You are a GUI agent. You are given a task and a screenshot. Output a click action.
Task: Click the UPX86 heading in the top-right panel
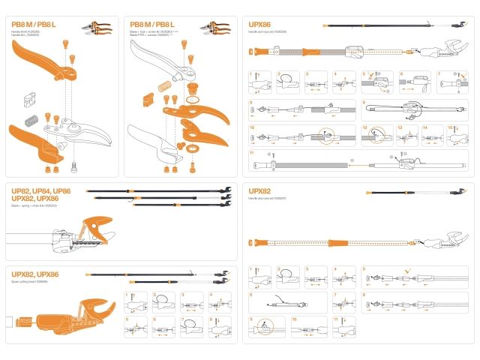[x=260, y=25]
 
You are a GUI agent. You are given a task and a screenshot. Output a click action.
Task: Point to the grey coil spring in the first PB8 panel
[x=31, y=119]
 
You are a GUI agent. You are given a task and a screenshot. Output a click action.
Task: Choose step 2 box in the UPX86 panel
[x=288, y=82]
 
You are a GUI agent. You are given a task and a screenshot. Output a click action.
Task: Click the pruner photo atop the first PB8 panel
[x=98, y=28]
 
